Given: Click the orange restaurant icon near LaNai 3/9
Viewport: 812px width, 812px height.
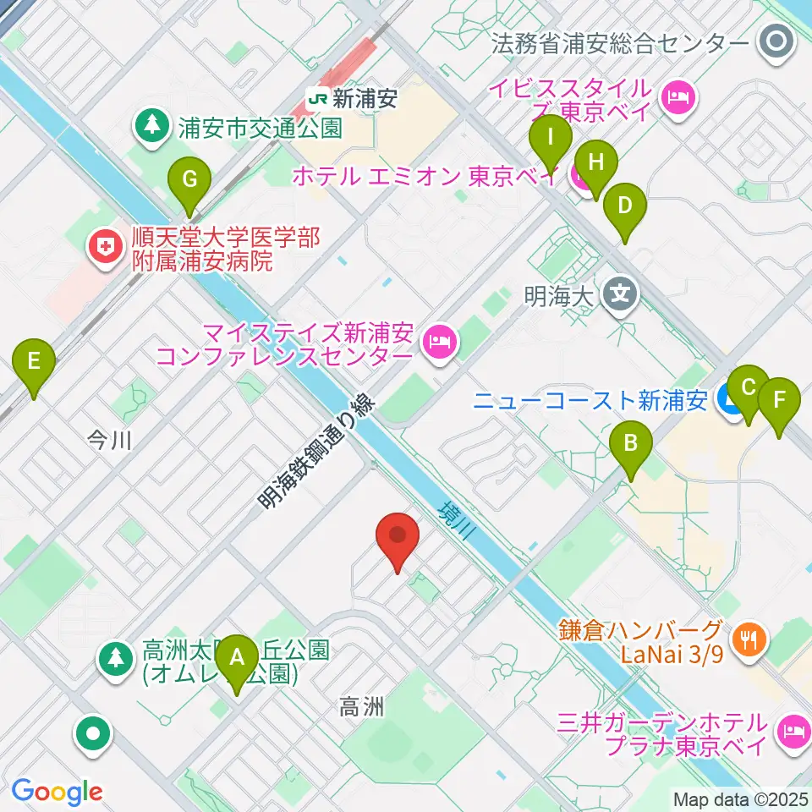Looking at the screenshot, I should (748, 639).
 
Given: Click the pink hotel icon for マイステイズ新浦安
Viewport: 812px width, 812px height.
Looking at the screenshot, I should (437, 341).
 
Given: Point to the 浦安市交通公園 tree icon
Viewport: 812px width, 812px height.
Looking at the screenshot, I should (152, 128).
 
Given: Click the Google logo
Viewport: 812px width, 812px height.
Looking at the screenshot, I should (57, 792).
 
